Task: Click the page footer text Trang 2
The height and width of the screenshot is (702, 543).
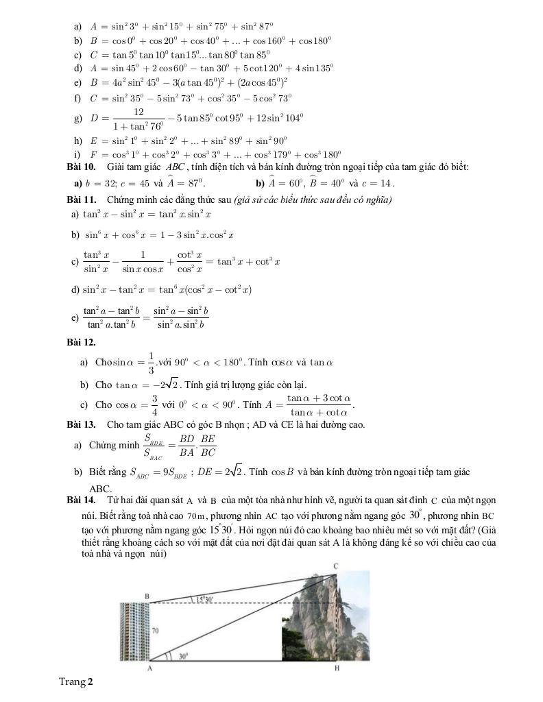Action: point(75,681)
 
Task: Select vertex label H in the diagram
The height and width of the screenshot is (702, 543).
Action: point(336,668)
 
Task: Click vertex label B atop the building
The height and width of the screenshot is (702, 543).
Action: point(146,596)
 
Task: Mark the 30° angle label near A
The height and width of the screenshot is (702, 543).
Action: point(183,656)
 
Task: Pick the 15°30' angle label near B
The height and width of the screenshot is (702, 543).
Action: point(204,599)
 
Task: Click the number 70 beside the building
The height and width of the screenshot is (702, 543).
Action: point(155,629)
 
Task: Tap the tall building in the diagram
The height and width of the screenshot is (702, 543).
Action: point(133,632)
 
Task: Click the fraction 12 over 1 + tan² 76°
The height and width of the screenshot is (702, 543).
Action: point(138,118)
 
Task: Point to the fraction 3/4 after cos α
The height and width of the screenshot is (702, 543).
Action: point(155,404)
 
